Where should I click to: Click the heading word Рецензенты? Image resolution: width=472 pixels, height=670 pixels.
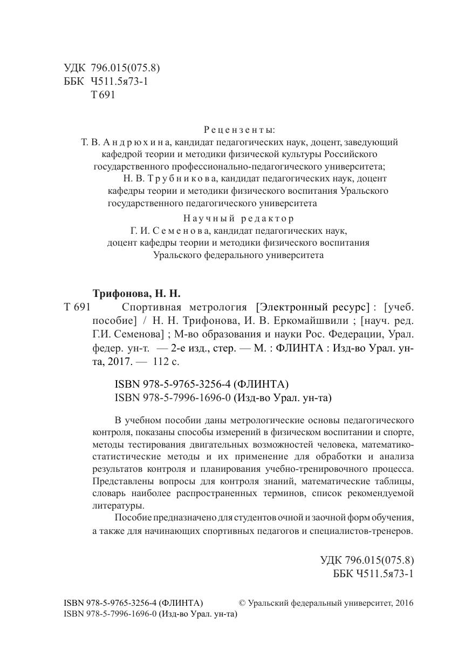(x=240, y=130)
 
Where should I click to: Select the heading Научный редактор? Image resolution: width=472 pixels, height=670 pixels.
(x=239, y=218)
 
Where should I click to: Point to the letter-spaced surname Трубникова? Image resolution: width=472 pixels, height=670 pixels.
(x=176, y=178)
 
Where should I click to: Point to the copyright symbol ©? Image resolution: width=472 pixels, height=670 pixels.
(x=242, y=603)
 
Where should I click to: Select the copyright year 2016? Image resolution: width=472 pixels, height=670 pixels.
(x=403, y=603)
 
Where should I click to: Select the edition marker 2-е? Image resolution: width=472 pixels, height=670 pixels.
(x=179, y=349)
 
